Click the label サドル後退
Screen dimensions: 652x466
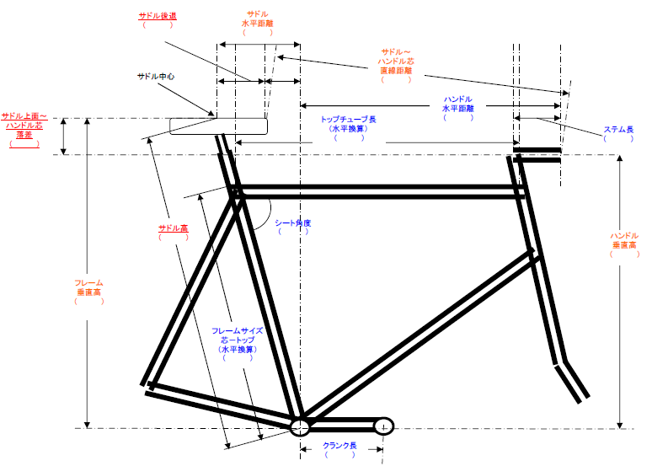coord(158,16)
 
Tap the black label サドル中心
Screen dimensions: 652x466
coord(156,77)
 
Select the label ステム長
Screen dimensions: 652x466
coord(618,130)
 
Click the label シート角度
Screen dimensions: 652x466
coord(293,223)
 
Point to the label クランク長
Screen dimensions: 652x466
coord(339,446)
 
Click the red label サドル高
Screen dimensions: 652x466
coord(173,228)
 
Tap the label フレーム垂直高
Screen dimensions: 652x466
coord(89,287)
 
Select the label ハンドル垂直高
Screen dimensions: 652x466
coord(624,240)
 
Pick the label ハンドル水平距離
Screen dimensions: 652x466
coord(457,104)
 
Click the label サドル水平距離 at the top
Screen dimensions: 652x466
coord(258,19)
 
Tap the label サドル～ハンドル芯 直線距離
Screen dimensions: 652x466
coord(396,62)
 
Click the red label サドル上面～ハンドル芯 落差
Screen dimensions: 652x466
coord(24,126)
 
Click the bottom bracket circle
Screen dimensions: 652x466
coord(300,427)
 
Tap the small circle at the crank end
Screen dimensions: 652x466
coord(384,426)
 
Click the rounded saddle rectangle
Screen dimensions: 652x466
coord(218,126)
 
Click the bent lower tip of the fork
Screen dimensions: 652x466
coord(572,382)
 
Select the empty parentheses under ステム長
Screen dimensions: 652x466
coord(618,138)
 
